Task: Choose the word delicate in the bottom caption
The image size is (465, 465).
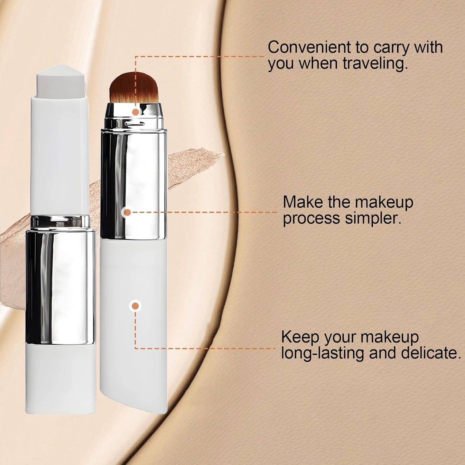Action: click(431, 353)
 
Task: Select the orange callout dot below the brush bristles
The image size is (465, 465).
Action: click(136, 112)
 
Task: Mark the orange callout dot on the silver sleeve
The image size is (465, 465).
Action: click(127, 212)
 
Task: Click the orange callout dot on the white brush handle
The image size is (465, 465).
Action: click(135, 306)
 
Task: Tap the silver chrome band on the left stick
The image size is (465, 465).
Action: click(60, 283)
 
